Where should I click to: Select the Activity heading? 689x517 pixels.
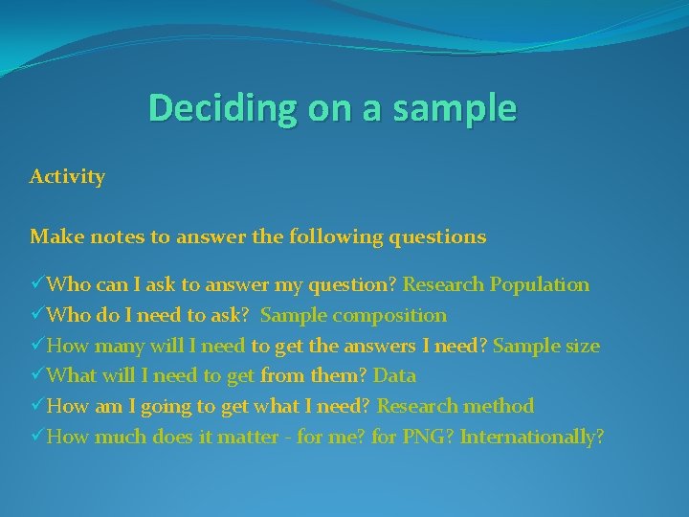tap(67, 177)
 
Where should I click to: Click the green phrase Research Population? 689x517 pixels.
tap(496, 284)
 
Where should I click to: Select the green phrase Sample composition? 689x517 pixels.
tap(353, 315)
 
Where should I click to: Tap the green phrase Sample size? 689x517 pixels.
tap(546, 346)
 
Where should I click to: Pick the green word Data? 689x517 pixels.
tap(394, 376)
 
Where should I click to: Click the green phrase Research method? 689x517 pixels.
tap(456, 406)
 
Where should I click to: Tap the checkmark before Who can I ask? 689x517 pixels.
tap(37, 284)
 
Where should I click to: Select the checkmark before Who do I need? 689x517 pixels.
tap(37, 315)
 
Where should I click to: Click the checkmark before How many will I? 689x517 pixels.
tap(37, 346)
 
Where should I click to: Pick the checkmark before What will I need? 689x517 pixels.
tap(37, 376)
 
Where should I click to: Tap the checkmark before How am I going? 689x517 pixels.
tap(37, 406)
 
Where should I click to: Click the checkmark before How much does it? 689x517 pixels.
tap(37, 437)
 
